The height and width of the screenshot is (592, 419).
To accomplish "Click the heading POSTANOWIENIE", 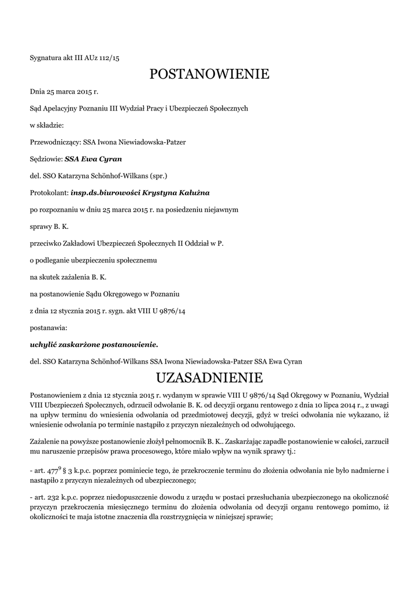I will pos(209,74).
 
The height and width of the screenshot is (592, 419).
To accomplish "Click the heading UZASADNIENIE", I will pos(209,378).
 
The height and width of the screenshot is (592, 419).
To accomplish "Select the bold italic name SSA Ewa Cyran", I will pos(93,158).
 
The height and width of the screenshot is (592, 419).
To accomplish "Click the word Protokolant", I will pos(48,191).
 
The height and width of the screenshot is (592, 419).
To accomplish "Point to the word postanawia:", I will pos(48,328).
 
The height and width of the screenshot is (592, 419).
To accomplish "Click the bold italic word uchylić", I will pos(43,345).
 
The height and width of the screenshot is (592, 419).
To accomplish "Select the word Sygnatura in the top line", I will pos(45,57).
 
